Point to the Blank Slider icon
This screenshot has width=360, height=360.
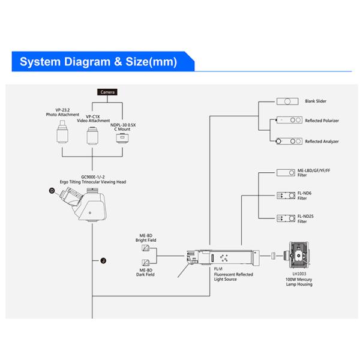pyautogui.click(x=286, y=101)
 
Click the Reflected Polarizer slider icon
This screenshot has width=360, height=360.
pyautogui.click(x=286, y=121)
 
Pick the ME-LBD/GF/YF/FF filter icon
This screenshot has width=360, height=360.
pyautogui.click(x=286, y=172)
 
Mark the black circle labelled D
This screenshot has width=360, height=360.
pyautogui.click(x=52, y=191)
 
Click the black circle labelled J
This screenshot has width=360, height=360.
pyautogui.click(x=103, y=260)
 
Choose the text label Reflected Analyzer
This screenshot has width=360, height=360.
pyautogui.click(x=322, y=142)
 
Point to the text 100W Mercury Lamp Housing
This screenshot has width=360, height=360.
pyautogui.click(x=299, y=282)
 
